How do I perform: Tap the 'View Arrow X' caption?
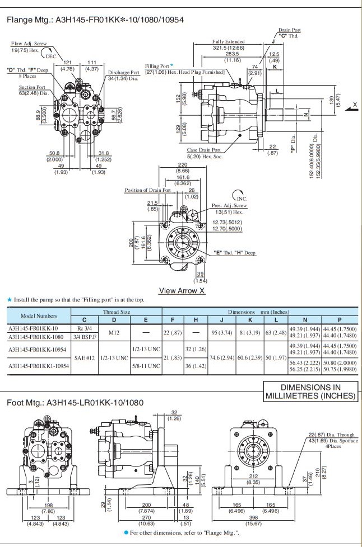click(182, 290)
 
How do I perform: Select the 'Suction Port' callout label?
click(32, 87)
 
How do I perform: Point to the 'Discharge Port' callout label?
click(123, 72)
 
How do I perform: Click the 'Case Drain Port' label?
click(203, 150)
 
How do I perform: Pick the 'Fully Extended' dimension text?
click(228, 42)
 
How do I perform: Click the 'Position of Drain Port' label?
click(147, 190)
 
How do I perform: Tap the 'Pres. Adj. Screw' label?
click(230, 205)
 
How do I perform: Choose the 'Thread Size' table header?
click(117, 312)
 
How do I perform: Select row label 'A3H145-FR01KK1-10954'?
click(39, 366)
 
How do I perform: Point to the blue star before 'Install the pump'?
click(9, 300)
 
